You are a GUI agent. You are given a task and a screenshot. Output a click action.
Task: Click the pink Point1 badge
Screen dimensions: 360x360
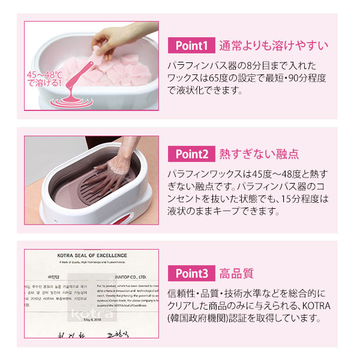click(x=191, y=45)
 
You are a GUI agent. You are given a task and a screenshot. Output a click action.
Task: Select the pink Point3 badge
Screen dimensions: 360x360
click(x=191, y=274)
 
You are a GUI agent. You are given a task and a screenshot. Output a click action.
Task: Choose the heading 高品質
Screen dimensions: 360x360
click(x=236, y=274)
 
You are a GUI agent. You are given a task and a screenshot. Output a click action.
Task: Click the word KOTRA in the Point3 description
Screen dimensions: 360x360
click(x=316, y=306)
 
